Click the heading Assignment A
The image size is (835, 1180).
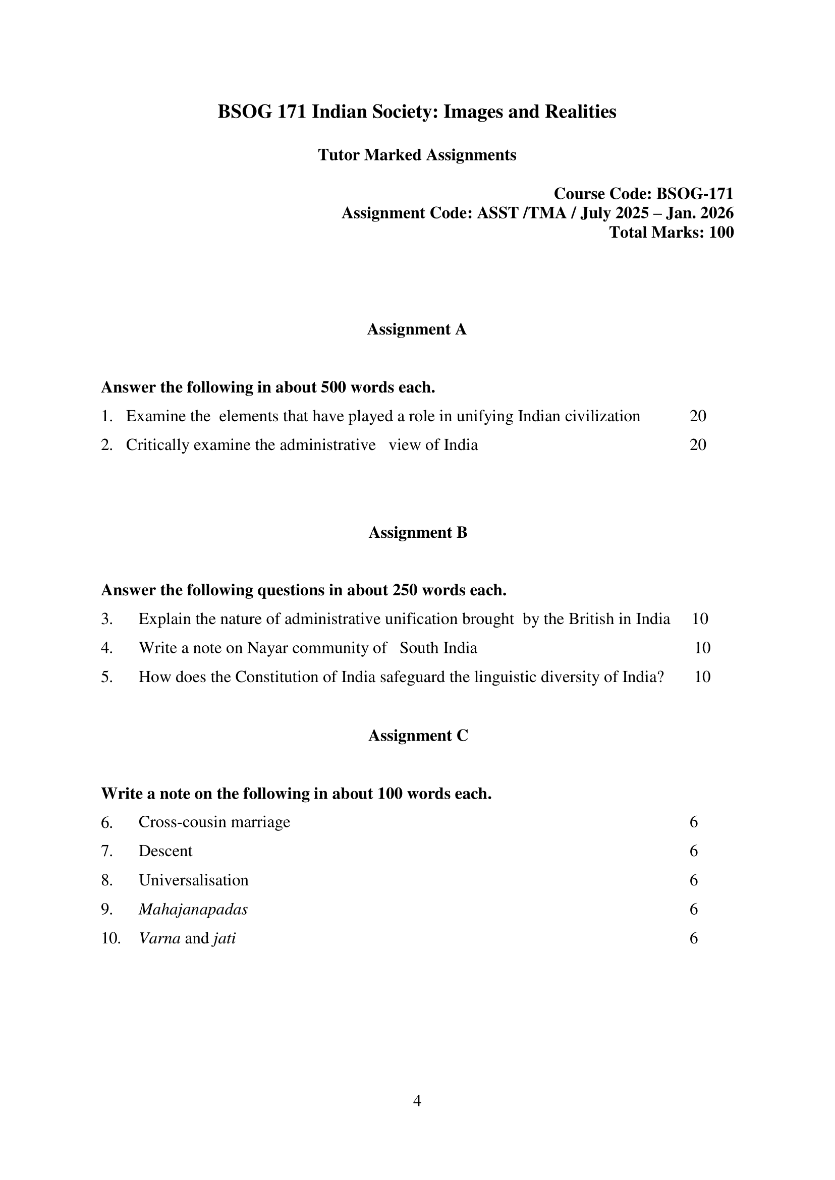click(416, 329)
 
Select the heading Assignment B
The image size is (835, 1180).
click(418, 532)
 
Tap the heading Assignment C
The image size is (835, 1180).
click(418, 736)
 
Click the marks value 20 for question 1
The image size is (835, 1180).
click(698, 416)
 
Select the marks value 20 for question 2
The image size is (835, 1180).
click(698, 445)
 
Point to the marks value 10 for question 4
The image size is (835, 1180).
click(702, 648)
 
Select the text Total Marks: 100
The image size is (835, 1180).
click(671, 233)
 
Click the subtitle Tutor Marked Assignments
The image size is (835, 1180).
click(417, 155)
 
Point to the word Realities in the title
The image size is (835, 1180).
click(581, 111)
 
